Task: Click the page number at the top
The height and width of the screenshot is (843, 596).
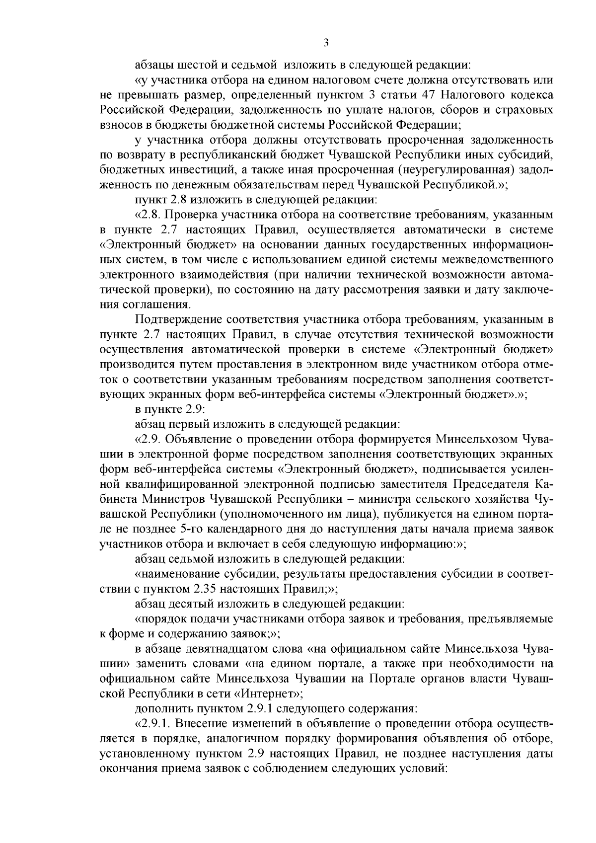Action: pos(326,43)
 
